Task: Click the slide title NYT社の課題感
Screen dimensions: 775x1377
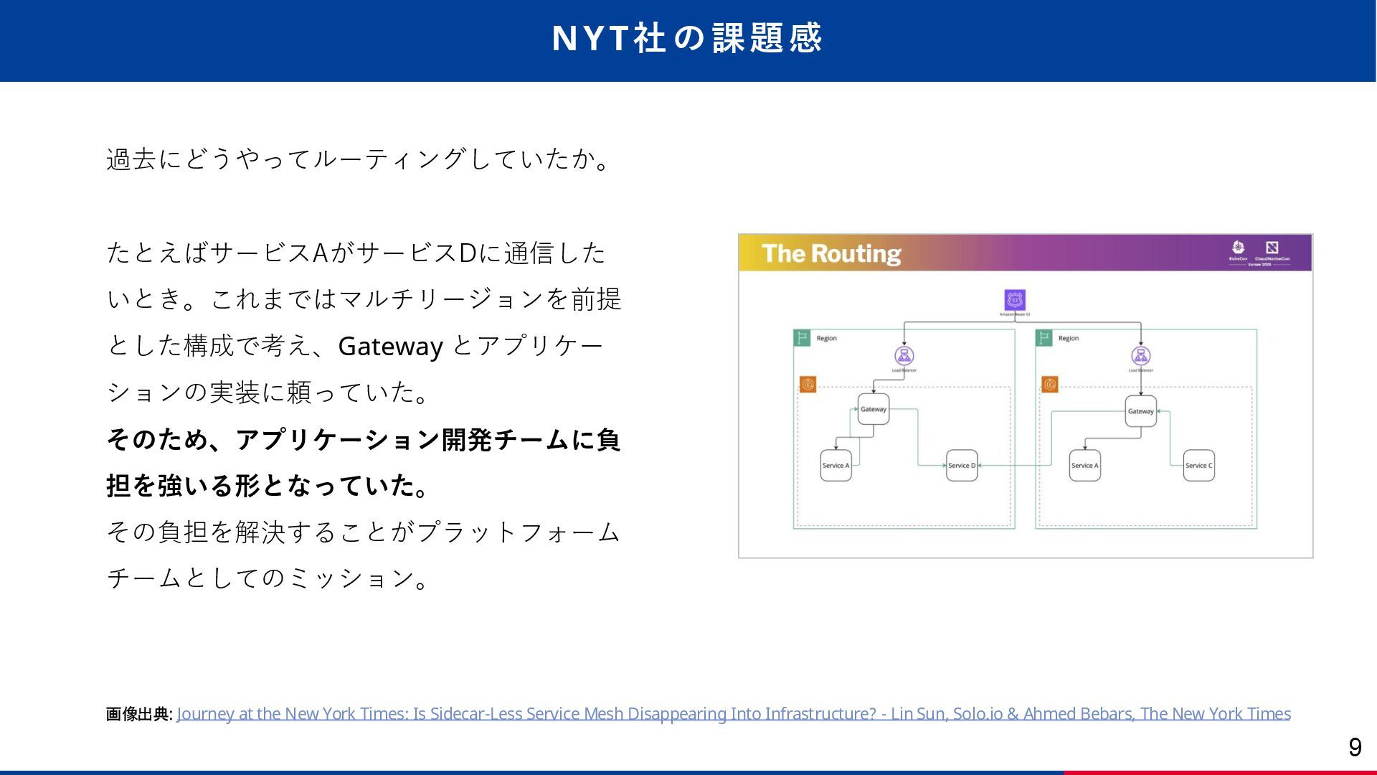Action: [x=686, y=38]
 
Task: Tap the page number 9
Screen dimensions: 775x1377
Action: [x=1355, y=747]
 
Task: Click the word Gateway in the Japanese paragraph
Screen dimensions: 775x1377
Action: [x=390, y=346]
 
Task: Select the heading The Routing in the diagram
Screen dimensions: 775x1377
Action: [x=831, y=253]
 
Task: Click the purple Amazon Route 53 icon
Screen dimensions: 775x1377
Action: [x=1015, y=299]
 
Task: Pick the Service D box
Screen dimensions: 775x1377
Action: [x=962, y=465]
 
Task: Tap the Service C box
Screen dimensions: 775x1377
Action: [x=1198, y=465]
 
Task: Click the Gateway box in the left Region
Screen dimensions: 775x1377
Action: [x=873, y=409]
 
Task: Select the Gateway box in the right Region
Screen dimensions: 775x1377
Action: [x=1140, y=411]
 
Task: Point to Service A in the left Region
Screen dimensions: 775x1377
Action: [x=836, y=465]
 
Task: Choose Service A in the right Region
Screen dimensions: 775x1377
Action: [x=1084, y=465]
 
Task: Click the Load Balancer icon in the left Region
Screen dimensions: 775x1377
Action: [x=904, y=355]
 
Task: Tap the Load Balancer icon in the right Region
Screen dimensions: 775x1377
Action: [x=1140, y=355]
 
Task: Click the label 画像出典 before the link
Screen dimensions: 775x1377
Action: [x=138, y=714]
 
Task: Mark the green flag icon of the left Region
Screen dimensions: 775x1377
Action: [x=802, y=337]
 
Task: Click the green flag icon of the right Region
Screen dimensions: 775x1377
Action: [x=1044, y=337]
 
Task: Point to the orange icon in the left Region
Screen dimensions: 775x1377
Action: [x=808, y=385]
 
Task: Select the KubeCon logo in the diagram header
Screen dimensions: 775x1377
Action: [x=1238, y=249]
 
